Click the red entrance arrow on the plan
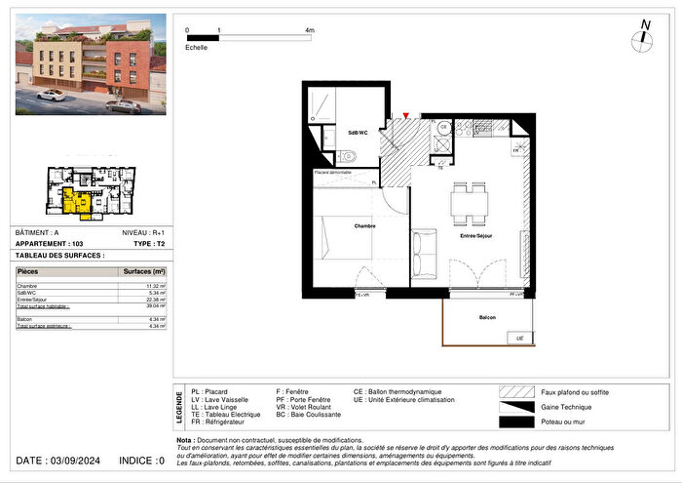coord(406,116)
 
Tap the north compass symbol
coord(642,38)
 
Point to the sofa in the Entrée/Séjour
coord(425,254)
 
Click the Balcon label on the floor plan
coord(487,318)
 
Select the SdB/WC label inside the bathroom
coord(358,133)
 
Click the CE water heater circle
coord(442,127)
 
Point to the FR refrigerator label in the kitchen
coord(516,151)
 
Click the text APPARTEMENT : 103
coord(49,243)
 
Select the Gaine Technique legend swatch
coord(516,406)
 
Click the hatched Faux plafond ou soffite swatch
coord(516,391)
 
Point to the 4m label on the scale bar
coord(310,31)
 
